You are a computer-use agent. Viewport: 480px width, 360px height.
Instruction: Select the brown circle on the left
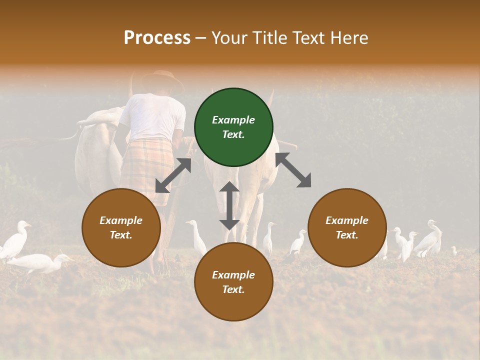tap(121, 227)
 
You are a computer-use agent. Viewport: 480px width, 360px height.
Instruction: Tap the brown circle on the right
tap(347, 227)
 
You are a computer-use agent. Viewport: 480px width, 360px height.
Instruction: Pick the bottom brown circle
tap(233, 281)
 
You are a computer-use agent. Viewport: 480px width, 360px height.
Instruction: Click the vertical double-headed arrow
tap(229, 205)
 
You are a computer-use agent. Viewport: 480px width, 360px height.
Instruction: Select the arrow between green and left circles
tap(173, 175)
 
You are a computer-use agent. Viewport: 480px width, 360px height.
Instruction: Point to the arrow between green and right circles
tap(293, 170)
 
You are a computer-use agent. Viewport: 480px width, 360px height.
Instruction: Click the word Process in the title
tap(157, 37)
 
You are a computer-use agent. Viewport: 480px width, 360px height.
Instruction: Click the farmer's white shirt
tap(152, 117)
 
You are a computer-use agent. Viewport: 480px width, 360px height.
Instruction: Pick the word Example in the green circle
tap(233, 120)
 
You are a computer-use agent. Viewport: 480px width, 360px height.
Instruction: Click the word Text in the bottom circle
tap(232, 289)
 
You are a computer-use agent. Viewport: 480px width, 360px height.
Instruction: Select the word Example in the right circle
tap(347, 220)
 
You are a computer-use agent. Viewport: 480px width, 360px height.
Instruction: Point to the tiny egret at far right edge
tap(454, 250)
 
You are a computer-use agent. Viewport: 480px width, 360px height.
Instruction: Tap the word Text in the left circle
tap(120, 235)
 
